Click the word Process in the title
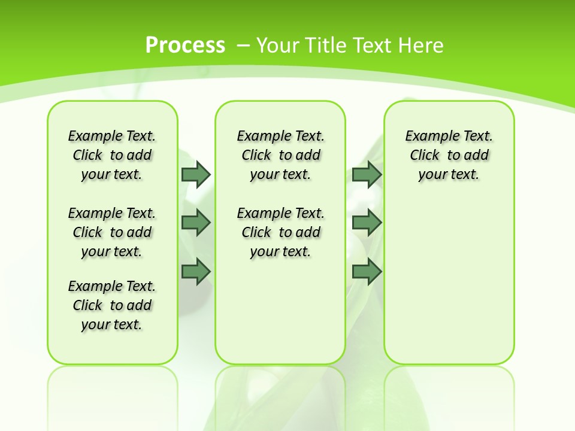click(185, 45)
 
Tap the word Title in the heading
click(327, 45)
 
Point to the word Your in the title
click(278, 45)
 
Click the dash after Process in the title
click(243, 45)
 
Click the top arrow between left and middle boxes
click(195, 174)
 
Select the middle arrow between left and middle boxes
click(195, 223)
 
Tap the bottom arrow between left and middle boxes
click(195, 272)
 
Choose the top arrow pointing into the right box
click(367, 174)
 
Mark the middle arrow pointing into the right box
click(367, 223)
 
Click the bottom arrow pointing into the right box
click(367, 272)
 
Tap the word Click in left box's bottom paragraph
click(87, 305)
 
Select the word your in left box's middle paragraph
click(95, 251)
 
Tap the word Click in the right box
click(425, 155)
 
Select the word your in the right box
click(432, 174)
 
